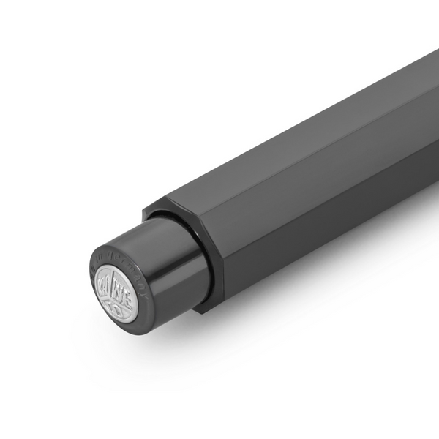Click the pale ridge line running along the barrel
click(x=307, y=146)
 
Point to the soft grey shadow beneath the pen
click(x=293, y=293)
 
